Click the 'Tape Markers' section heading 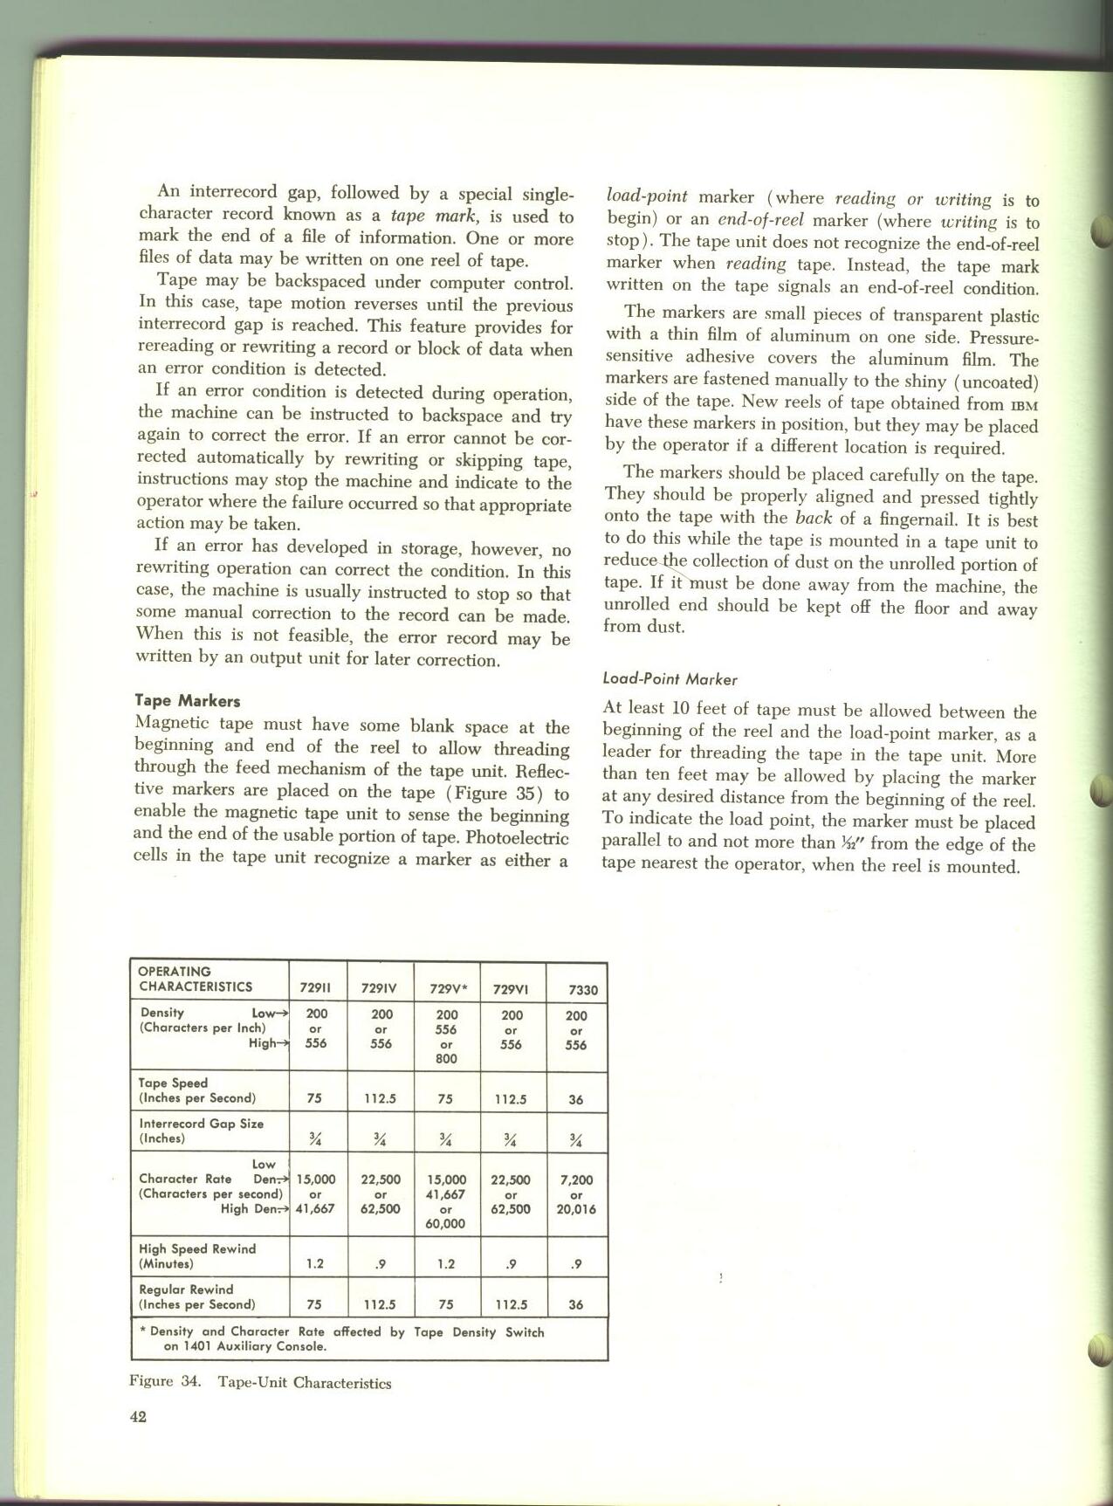tap(188, 701)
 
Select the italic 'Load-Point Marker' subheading tap(670, 679)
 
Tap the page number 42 tap(138, 1417)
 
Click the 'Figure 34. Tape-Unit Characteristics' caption tap(260, 1383)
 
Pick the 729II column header tap(315, 989)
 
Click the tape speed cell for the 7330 tap(576, 1100)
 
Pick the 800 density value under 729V tap(446, 1059)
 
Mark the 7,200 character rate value tap(576, 1180)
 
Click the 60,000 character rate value tap(445, 1224)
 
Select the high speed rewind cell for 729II tap(315, 1264)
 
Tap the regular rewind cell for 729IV tap(381, 1305)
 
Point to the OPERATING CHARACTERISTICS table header tap(196, 980)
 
